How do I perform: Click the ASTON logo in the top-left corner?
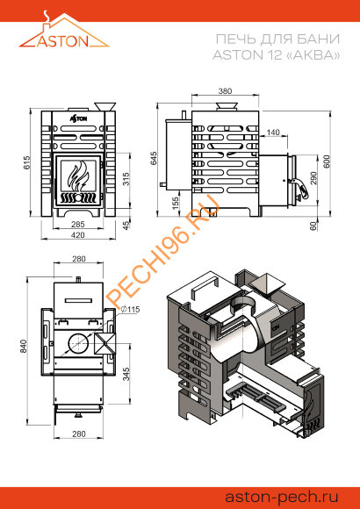point(64,30)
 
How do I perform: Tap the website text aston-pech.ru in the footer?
point(282,497)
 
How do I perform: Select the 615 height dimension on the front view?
point(27,162)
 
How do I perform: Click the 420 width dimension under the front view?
point(78,235)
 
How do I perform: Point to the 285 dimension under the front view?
point(78,224)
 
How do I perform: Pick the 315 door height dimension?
point(126,178)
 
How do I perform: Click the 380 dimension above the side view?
point(225,91)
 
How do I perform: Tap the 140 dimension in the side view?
point(273,133)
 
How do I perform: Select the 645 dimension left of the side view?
point(154,158)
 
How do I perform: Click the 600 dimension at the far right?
point(327,161)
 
